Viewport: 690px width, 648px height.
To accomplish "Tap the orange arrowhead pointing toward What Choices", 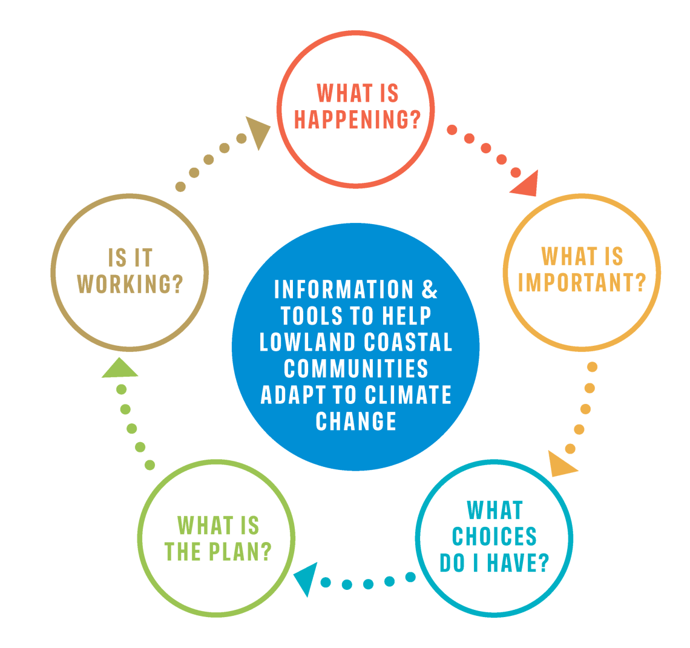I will (561, 464).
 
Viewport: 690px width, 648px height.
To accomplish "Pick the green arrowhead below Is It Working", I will (119, 369).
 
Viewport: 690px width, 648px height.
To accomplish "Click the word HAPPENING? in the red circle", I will (357, 119).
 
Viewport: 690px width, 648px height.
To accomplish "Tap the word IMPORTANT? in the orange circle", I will (582, 282).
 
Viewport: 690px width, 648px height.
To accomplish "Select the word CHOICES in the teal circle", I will (494, 537).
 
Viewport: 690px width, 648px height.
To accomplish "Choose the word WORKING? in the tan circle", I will (130, 284).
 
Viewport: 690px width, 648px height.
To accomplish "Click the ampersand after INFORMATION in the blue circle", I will (429, 289).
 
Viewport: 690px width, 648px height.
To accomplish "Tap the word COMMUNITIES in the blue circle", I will (356, 368).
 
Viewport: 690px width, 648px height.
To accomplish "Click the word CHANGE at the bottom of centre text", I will (356, 421).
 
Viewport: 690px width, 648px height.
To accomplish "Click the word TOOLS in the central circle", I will (312, 316).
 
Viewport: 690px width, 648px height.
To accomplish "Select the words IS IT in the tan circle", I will (130, 258).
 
